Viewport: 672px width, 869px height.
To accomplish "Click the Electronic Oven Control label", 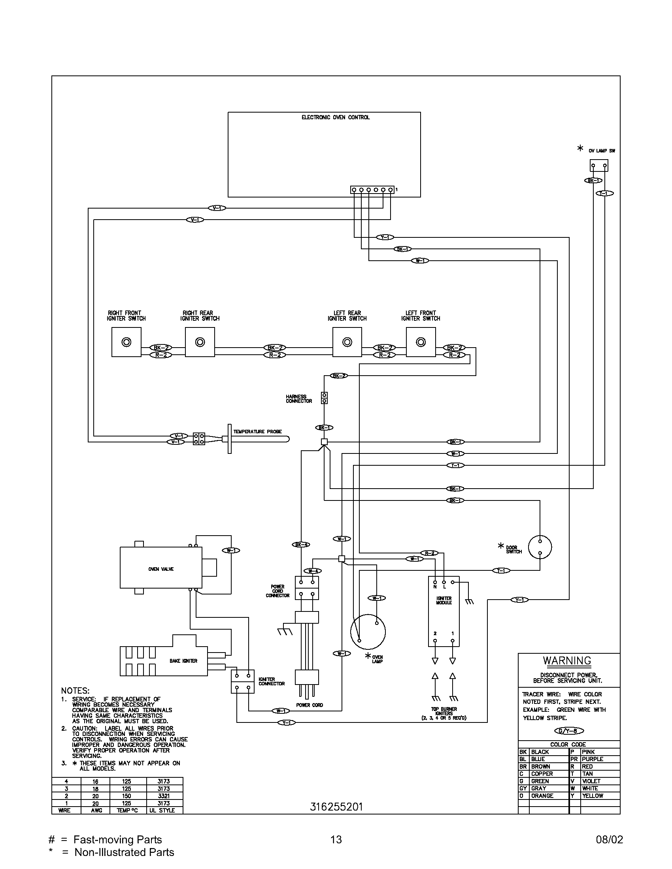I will pyautogui.click(x=335, y=117).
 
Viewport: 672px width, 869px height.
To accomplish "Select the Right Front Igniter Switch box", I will pyautogui.click(x=126, y=342).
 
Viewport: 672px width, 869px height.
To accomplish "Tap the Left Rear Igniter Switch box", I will pyautogui.click(x=347, y=342).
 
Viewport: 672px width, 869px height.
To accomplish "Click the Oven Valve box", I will pyautogui.click(x=161, y=569).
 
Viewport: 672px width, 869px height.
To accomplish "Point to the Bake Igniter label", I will pyautogui.click(x=183, y=661).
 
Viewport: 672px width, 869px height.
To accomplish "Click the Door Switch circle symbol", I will pyautogui.click(x=540, y=547).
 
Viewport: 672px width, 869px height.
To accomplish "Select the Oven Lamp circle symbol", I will pyautogui.click(x=368, y=632).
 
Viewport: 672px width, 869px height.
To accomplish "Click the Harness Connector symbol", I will pyautogui.click(x=324, y=398).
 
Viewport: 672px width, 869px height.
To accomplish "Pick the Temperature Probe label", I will pyautogui.click(x=258, y=432).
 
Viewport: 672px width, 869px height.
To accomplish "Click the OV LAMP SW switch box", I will pyautogui.click(x=599, y=166).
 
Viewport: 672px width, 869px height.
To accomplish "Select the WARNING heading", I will pyautogui.click(x=567, y=661).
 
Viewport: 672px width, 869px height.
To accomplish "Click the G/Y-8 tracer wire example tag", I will pyautogui.click(x=568, y=731).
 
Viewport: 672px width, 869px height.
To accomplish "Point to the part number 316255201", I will pyautogui.click(x=336, y=807).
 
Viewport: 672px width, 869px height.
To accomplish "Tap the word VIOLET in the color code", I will pyautogui.click(x=591, y=781).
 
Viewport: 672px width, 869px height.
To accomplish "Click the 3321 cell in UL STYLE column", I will pyautogui.click(x=164, y=796).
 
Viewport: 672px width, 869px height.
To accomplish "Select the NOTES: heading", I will pyautogui.click(x=75, y=691).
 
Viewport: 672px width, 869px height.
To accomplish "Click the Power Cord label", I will pyautogui.click(x=310, y=705).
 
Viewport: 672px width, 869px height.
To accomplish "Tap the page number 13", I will pyautogui.click(x=336, y=839).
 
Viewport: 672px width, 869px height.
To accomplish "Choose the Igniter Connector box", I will pyautogui.click(x=242, y=682).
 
